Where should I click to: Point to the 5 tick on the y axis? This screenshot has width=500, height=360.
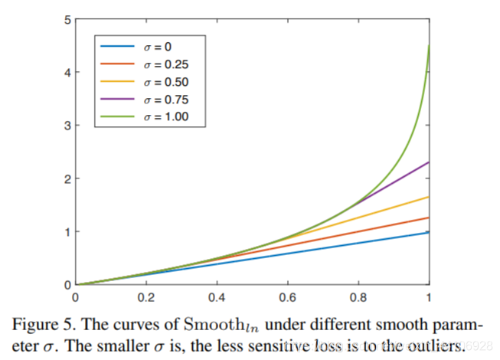pyautogui.click(x=67, y=19)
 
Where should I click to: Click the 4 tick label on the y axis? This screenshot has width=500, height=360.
pyautogui.click(x=67, y=73)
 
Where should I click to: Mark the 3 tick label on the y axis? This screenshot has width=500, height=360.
pyautogui.click(x=67, y=126)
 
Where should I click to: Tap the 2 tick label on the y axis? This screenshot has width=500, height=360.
pyautogui.click(x=67, y=178)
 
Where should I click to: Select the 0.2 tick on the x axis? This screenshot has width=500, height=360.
pyautogui.click(x=145, y=294)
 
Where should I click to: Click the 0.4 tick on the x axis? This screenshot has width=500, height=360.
pyautogui.click(x=217, y=294)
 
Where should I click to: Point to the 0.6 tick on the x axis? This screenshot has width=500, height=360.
pyautogui.click(x=287, y=294)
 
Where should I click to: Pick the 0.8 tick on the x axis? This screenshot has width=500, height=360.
pyautogui.click(x=358, y=294)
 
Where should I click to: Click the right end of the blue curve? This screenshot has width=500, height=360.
pyautogui.click(x=428, y=232)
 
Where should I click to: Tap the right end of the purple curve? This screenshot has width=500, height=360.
pyautogui.click(x=428, y=162)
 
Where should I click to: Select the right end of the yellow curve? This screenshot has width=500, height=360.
pyautogui.click(x=428, y=197)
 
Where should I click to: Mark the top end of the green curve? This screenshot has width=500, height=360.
pyautogui.click(x=428, y=45)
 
